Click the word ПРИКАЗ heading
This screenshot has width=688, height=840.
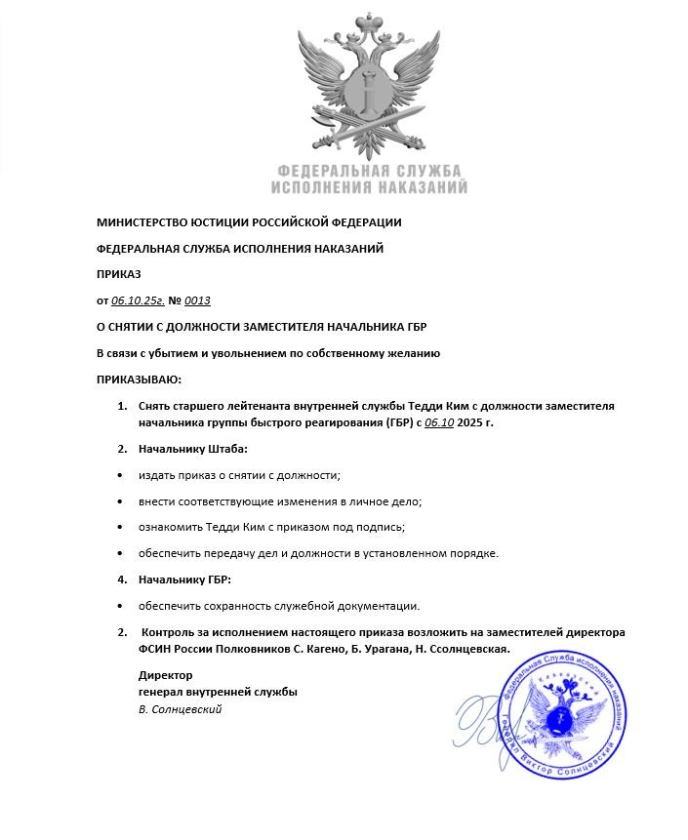118,274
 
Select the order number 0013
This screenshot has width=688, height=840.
197,300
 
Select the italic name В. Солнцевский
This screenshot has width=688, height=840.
180,709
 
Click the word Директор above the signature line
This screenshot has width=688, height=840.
165,675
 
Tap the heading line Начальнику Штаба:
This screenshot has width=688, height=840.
193,450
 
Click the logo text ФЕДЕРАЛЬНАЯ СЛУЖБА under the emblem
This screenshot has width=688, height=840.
369,170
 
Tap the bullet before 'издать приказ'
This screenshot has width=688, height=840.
120,476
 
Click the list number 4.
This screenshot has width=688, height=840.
122,580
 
